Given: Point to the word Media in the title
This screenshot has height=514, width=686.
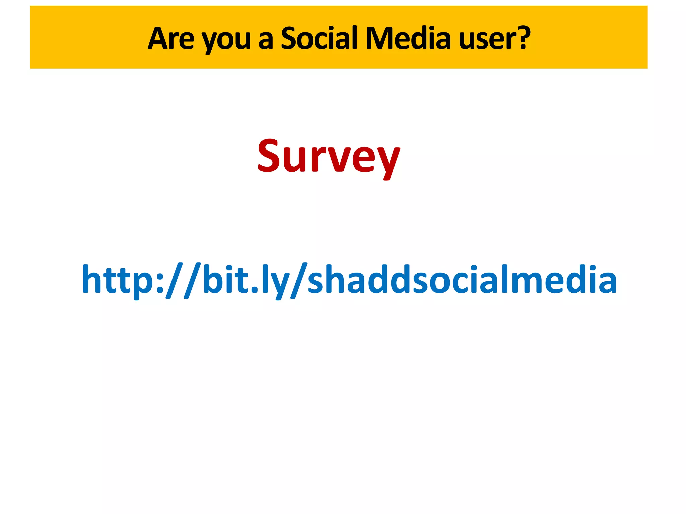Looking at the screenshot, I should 408,38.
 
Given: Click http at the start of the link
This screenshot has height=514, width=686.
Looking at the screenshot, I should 119,280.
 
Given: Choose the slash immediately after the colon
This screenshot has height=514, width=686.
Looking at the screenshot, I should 175,280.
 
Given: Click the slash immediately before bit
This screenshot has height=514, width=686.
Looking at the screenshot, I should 192,280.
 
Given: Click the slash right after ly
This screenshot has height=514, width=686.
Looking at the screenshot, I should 298,280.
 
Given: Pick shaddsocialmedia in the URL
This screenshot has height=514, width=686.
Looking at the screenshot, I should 462,279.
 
